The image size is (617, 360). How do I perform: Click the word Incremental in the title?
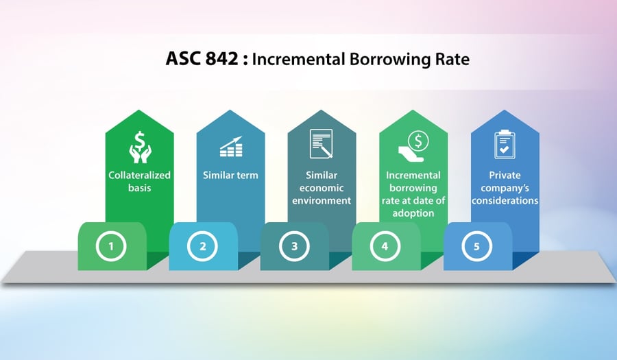pyautogui.click(x=292, y=59)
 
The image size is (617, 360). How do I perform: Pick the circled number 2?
pyautogui.click(x=203, y=245)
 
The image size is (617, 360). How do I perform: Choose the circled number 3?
pyautogui.click(x=294, y=245)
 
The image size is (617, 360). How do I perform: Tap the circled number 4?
pyautogui.click(x=386, y=245)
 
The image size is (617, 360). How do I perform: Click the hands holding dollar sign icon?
pyautogui.click(x=139, y=145)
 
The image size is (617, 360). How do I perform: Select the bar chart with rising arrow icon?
pyautogui.click(x=230, y=146)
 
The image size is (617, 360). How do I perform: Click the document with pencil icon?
pyautogui.click(x=322, y=145)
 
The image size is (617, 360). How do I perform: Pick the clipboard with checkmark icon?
pyautogui.click(x=505, y=145)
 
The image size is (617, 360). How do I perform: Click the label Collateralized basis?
pyautogui.click(x=139, y=181)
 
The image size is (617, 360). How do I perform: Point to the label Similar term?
pyautogui.click(x=230, y=175)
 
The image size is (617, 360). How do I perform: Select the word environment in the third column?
pyautogui.click(x=322, y=200)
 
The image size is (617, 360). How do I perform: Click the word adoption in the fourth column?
pyautogui.click(x=413, y=213)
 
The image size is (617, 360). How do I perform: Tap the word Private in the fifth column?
pyautogui.click(x=505, y=175)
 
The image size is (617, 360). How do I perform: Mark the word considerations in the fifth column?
pyautogui.click(x=505, y=200)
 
